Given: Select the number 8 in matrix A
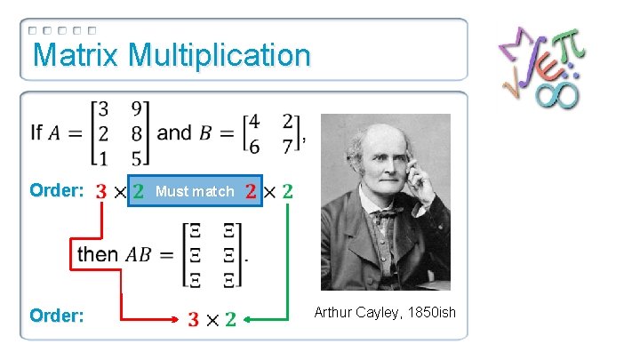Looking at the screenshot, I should click(135, 135).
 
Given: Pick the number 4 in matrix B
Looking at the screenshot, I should click(254, 120).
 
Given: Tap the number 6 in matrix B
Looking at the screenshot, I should click(254, 145).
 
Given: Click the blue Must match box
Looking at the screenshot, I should click(195, 191).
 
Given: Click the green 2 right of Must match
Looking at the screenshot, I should click(287, 191).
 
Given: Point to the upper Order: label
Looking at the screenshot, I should click(57, 191).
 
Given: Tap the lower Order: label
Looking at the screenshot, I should click(57, 316).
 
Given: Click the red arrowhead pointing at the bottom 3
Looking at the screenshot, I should click(176, 317).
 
